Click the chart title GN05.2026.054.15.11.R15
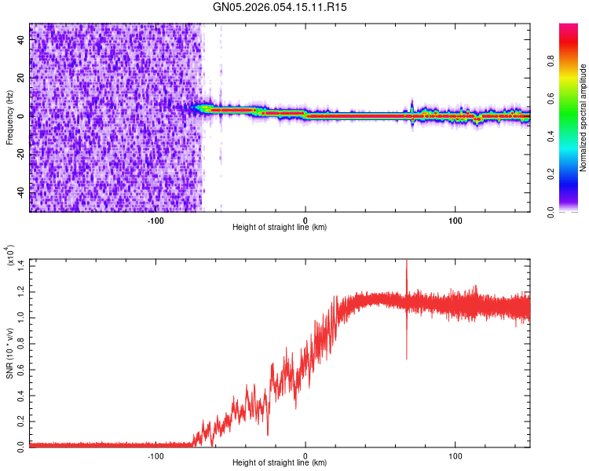coord(280,7)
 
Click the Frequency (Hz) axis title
coord(10,118)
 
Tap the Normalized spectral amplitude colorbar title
coord(584,118)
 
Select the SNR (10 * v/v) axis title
coord(10,352)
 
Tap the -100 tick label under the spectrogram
coord(155,219)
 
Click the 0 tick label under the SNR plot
coord(305,455)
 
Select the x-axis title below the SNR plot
coord(280,463)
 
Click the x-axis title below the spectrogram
coord(280,228)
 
